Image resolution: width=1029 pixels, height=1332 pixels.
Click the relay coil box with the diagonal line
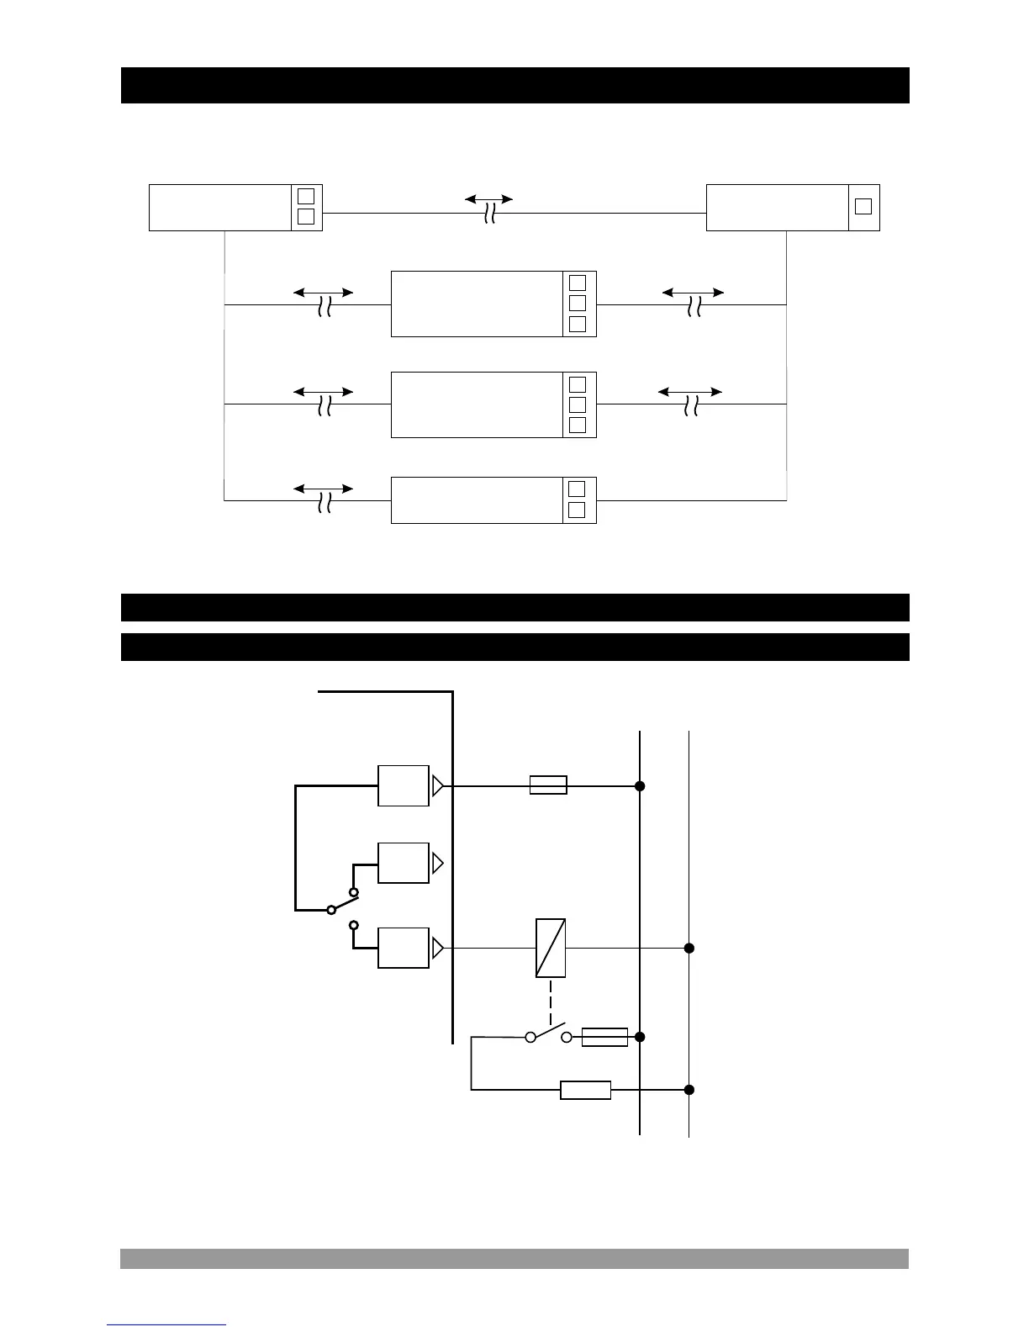(551, 948)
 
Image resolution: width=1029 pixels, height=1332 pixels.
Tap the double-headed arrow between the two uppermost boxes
(489, 199)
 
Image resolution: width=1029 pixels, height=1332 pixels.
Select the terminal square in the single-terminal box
(863, 207)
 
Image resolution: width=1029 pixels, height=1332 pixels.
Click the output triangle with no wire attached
(437, 863)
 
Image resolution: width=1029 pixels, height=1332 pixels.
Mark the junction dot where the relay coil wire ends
(689, 948)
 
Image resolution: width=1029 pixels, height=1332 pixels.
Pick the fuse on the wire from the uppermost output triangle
(548, 785)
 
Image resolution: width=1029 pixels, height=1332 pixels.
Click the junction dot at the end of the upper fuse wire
(640, 786)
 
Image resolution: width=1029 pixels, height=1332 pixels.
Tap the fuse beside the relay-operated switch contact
(604, 1037)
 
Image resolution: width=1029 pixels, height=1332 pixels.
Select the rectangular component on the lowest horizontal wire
(585, 1090)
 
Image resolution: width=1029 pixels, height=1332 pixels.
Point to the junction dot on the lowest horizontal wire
(689, 1090)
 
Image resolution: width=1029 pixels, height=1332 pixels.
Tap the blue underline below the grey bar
(166, 1325)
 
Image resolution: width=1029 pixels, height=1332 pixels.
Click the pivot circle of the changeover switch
(331, 909)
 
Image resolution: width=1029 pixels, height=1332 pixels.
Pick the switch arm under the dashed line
(548, 1031)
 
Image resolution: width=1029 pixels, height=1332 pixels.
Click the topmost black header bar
(514, 85)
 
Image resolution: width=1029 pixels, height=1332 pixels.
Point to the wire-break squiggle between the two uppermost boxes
(489, 215)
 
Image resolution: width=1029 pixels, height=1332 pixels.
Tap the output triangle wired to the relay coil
(437, 949)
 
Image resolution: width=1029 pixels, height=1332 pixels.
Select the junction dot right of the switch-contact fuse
(640, 1037)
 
